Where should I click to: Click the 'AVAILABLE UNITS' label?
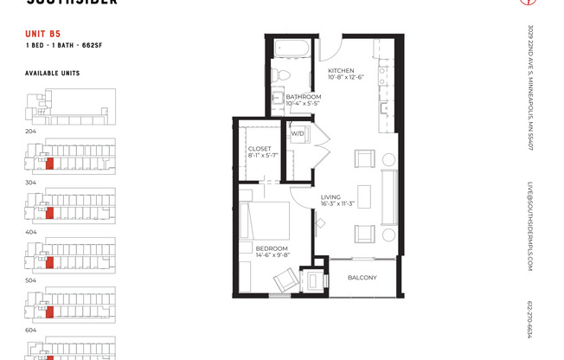52,74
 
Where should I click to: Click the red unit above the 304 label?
49,163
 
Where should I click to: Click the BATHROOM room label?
304,96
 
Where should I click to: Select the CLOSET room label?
260,149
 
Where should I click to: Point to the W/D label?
297,133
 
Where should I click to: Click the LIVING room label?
330,198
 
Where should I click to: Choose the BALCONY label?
362,277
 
